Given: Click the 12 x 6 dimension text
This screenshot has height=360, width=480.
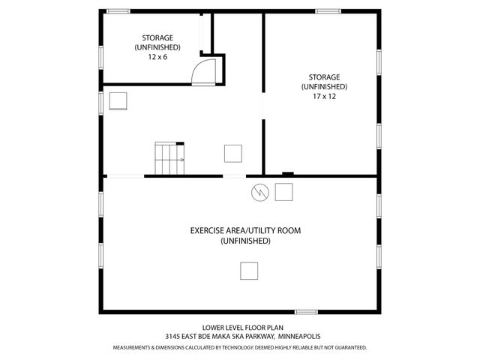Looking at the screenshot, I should (x=157, y=56).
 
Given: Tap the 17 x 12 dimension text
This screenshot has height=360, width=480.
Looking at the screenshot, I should (x=324, y=96).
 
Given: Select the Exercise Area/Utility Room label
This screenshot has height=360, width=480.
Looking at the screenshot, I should (x=245, y=230).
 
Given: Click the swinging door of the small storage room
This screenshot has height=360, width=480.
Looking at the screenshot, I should (x=204, y=72).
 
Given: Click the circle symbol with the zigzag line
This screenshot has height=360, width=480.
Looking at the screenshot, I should (x=259, y=192).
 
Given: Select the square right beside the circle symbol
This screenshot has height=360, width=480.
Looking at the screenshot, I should (x=284, y=192).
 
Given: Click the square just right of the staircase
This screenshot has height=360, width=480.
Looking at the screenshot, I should (x=233, y=153).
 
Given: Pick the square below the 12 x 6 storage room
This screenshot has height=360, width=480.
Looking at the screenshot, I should (x=118, y=100).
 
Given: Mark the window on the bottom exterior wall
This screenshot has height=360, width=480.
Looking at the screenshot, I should (x=305, y=311).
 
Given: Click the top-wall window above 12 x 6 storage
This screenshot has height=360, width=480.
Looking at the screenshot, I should (x=118, y=11).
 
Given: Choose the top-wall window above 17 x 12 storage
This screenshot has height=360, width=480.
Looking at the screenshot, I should (x=326, y=11).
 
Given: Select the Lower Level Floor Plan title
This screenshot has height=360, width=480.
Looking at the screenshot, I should (x=240, y=328).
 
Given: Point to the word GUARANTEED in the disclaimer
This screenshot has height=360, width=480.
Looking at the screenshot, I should (x=352, y=348).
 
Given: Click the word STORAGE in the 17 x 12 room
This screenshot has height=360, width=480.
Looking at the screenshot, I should (x=324, y=76).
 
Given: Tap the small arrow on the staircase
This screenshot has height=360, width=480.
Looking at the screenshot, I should (x=181, y=159).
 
